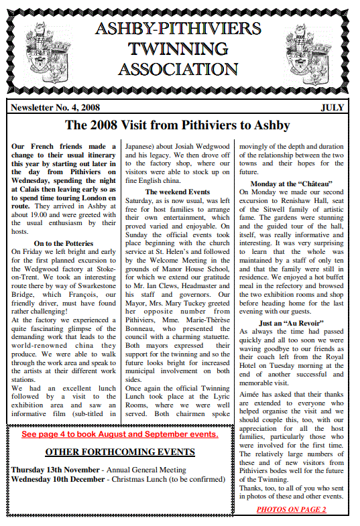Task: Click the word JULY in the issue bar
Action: (x=333, y=107)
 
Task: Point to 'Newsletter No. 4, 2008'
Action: (x=54, y=107)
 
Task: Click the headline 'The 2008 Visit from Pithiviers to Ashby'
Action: (x=177, y=125)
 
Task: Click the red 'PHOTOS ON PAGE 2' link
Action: (x=291, y=509)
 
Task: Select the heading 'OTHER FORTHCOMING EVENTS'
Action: (x=120, y=452)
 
